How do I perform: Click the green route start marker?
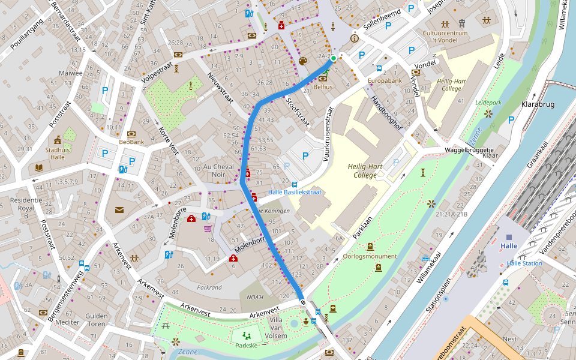(333, 59)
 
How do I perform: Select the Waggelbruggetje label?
(469, 150)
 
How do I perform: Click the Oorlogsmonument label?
(370, 256)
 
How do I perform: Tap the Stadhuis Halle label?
(58, 152)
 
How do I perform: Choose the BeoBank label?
(131, 142)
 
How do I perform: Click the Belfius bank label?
(323, 87)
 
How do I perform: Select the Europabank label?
(385, 80)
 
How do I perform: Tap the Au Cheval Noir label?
(218, 170)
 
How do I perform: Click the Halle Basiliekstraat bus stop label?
(295, 192)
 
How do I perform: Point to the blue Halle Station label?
(524, 263)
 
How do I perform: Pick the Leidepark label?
(488, 103)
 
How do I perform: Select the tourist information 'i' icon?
(354, 38)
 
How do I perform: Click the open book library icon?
(39, 168)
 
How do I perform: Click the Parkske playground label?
(246, 346)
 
